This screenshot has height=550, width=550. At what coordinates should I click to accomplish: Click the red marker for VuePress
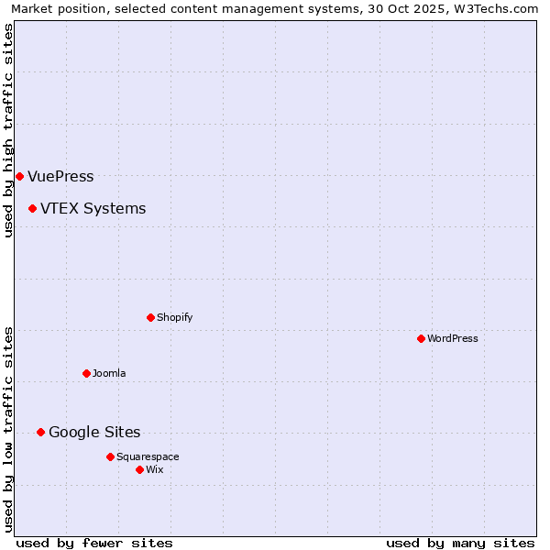pos(19,176)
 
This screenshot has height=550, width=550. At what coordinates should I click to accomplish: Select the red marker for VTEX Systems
pos(32,209)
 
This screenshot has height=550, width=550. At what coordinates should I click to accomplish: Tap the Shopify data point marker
pos(150,317)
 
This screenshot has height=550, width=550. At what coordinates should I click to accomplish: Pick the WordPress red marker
pos(421,338)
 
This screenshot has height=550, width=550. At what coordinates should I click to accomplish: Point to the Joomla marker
pos(86,373)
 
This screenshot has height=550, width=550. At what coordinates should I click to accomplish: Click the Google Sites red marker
pos(40,432)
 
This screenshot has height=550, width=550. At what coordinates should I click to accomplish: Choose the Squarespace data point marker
pos(110,456)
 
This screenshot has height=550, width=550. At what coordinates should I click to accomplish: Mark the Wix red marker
pos(139,469)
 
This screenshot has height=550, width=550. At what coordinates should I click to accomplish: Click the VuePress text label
pos(60,177)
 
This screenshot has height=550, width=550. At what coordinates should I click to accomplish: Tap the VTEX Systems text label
pos(93,209)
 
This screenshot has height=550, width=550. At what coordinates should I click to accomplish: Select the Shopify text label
pos(174,318)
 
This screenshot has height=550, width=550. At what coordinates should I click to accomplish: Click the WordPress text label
pos(453,339)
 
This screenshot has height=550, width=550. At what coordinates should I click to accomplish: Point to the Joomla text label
pos(109,374)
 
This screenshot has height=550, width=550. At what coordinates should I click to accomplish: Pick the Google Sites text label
pos(94,433)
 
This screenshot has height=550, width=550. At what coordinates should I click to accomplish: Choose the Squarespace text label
pos(148,457)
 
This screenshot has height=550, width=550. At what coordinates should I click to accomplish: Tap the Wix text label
pos(154,470)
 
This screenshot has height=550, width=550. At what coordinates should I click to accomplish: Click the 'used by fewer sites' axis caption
pos(94,543)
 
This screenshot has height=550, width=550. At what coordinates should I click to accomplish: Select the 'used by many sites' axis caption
pos(460,543)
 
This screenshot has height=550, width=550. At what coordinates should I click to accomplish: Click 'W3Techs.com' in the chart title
pos(499,9)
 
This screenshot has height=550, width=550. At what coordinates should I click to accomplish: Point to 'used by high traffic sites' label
pos(9,130)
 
